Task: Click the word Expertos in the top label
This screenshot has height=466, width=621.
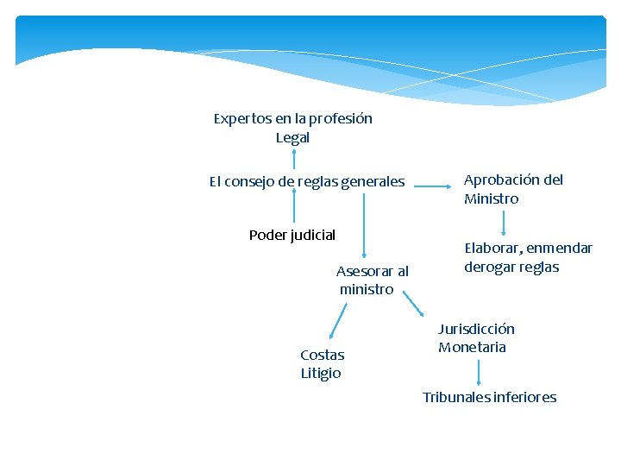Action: click(241, 118)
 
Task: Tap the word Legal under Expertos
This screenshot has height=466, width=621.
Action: click(292, 137)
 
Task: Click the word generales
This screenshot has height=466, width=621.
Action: click(373, 181)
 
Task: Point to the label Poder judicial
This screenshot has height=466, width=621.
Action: click(292, 235)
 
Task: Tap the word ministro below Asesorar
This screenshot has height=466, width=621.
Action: click(367, 289)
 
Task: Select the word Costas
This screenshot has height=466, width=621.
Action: click(322, 355)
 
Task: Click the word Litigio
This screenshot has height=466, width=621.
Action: click(321, 373)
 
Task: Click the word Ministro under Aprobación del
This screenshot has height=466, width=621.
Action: click(491, 198)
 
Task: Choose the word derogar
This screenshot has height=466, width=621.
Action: click(488, 267)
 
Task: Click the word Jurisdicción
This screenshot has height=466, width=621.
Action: click(476, 329)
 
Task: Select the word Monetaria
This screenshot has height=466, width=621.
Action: click(472, 347)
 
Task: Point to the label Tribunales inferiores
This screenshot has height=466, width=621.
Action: click(489, 397)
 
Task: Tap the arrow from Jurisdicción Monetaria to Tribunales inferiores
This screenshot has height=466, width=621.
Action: click(479, 373)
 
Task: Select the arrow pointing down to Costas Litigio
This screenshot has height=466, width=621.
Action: click(336, 326)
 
